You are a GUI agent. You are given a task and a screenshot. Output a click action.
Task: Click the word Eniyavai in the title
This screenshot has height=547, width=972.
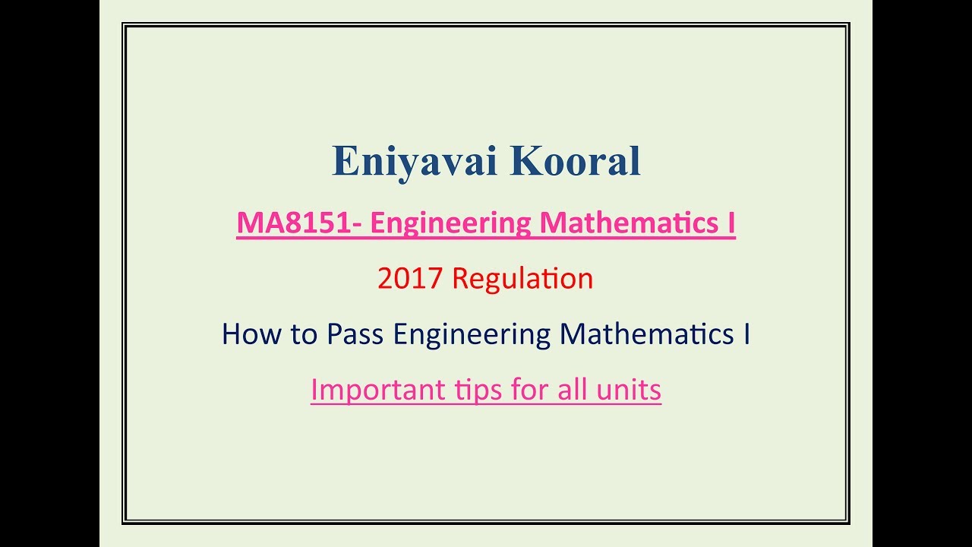[x=415, y=162]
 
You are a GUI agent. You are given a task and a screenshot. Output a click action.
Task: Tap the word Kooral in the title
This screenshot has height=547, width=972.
[x=576, y=160]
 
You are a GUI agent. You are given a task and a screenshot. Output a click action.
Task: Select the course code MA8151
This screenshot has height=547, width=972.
[x=294, y=223]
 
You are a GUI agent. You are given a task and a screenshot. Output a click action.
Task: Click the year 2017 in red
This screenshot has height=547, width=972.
[x=410, y=278]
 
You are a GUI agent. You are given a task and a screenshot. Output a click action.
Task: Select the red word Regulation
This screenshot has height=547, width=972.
[x=522, y=279]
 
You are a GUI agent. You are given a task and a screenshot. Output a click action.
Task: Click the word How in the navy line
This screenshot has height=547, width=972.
[x=251, y=334]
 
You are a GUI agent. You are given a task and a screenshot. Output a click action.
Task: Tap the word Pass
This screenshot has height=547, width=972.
[x=355, y=334]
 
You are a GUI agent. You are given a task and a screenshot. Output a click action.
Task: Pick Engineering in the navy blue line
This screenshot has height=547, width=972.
[x=472, y=335]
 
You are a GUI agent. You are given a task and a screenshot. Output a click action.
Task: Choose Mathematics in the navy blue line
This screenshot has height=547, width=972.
[x=646, y=334]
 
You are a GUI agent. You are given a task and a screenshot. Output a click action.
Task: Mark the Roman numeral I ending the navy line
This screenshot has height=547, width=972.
[x=746, y=334]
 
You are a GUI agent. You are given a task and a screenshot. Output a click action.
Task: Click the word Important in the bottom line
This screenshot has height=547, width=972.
[x=378, y=390]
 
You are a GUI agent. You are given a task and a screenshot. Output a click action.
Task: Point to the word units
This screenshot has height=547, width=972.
[x=629, y=390]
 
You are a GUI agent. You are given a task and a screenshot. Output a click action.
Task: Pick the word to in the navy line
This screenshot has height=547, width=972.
[x=303, y=335]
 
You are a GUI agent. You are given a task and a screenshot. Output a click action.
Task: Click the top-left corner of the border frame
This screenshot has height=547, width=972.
[x=123, y=24]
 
